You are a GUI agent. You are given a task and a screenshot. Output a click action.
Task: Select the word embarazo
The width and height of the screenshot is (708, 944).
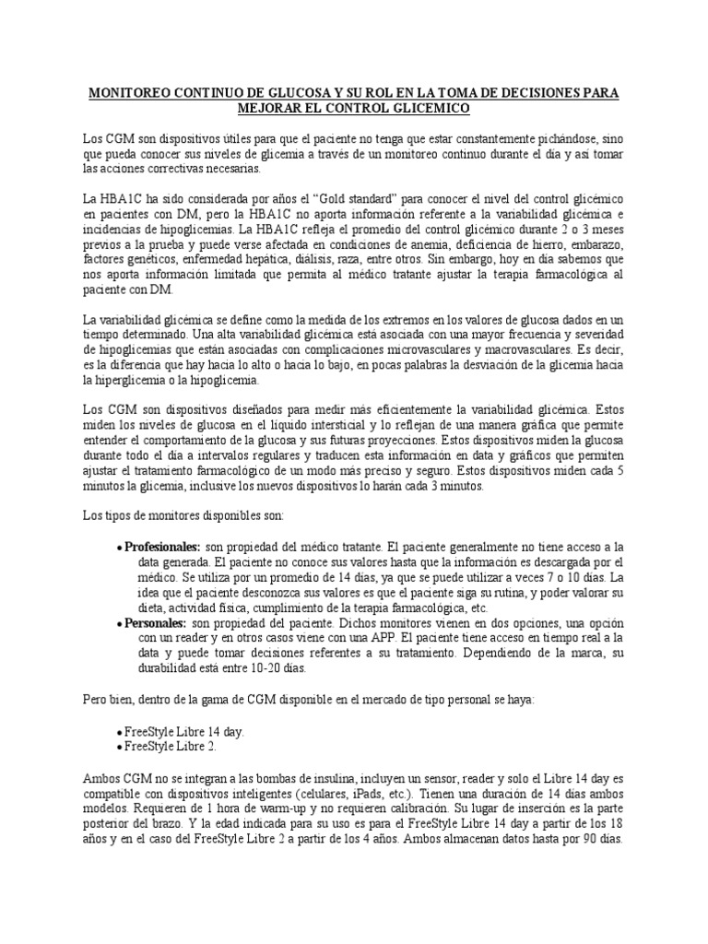(596, 244)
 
